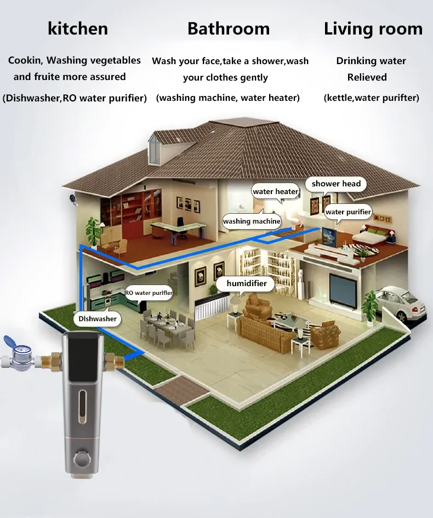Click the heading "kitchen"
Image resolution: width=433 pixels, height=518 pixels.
(78, 29)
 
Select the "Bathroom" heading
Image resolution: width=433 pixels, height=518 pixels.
(228, 29)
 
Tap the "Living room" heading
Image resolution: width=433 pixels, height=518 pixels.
(373, 29)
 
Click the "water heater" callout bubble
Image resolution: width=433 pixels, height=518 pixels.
(275, 192)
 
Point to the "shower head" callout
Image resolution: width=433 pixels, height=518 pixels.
(336, 184)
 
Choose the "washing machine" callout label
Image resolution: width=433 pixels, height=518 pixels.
(252, 221)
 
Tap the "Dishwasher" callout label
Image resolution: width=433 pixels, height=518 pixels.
(98, 318)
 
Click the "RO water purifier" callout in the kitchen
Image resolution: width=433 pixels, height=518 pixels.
(149, 293)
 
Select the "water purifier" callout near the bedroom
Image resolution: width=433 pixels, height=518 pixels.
(348, 212)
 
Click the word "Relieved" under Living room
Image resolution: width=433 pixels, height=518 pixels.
(367, 77)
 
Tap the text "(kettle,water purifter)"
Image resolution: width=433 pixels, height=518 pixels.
(371, 98)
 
